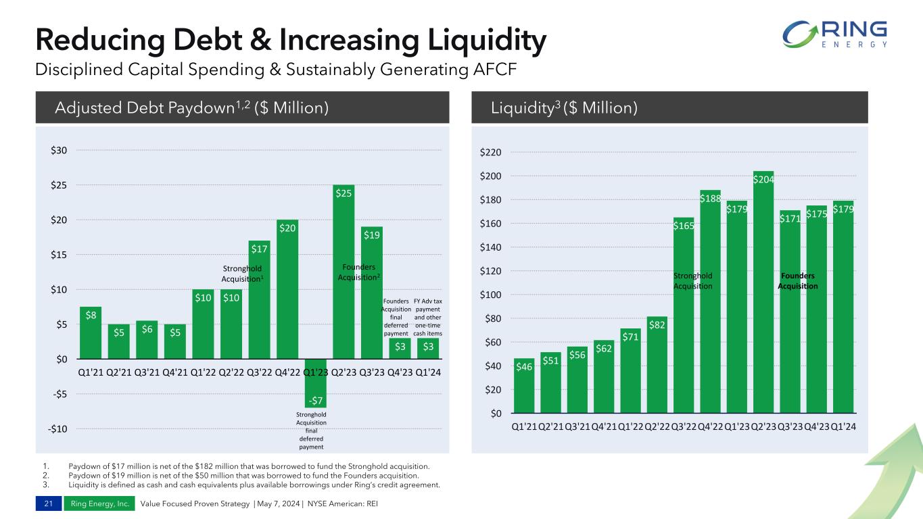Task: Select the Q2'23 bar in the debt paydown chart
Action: (344, 270)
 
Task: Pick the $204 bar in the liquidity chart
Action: (763, 291)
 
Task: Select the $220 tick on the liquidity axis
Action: (491, 153)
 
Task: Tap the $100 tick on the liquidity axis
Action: (491, 295)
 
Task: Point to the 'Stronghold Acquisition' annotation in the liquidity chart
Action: (693, 280)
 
